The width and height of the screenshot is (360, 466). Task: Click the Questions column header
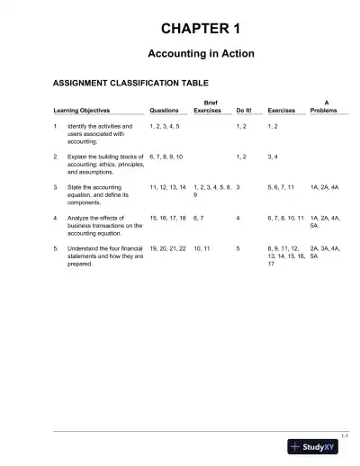click(x=165, y=112)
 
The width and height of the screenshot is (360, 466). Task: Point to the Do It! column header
click(x=244, y=112)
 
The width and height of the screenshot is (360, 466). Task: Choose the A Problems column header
click(x=324, y=107)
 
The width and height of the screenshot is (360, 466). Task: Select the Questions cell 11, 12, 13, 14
click(x=168, y=187)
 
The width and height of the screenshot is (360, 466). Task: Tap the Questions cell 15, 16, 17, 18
click(x=168, y=217)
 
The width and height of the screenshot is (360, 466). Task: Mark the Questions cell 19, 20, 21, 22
click(x=168, y=247)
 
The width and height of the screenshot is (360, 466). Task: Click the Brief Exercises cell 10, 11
click(x=202, y=247)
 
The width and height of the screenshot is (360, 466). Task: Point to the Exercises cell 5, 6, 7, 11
click(x=281, y=187)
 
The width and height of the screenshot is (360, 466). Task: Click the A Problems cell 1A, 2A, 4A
click(x=325, y=187)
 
